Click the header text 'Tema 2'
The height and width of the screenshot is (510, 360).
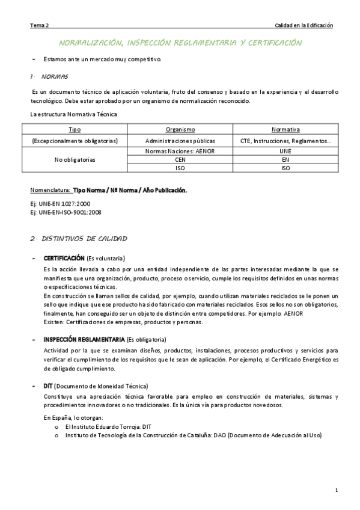coord(40,25)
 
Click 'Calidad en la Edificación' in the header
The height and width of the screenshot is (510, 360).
coord(304,25)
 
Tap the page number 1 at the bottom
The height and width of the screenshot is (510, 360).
coord(337,491)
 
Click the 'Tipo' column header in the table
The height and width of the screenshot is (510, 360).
coord(75,129)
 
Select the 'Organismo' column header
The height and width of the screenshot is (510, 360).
coord(180,129)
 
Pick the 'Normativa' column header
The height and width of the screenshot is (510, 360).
coord(285,129)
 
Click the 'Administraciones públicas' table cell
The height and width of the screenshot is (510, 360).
coord(180,141)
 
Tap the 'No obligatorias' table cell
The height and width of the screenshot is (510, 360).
coord(75,161)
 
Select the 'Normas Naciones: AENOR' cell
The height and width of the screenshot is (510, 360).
coord(180,152)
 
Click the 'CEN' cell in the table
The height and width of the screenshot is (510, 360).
coord(180,160)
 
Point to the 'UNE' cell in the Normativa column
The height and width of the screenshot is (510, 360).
coord(285,152)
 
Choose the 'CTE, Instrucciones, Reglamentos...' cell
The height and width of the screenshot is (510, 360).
coord(285,141)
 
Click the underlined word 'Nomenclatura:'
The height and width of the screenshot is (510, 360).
coord(50,191)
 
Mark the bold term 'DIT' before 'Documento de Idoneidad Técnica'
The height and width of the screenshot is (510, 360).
coord(49,385)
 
